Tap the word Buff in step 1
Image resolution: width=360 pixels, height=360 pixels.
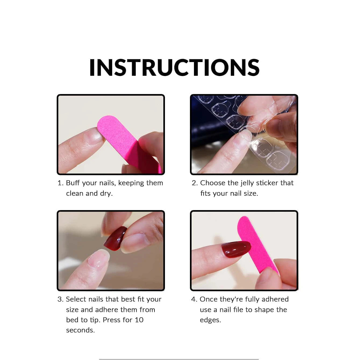click(x=73, y=183)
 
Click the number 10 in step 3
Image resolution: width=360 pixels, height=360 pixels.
click(x=139, y=320)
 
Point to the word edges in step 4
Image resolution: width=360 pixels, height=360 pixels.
click(x=210, y=320)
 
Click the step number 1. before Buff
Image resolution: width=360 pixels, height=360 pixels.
click(x=60, y=183)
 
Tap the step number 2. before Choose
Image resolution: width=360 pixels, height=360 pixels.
click(x=195, y=183)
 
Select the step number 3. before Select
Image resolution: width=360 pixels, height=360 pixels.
click(x=60, y=299)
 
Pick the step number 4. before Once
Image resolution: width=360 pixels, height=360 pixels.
click(x=194, y=299)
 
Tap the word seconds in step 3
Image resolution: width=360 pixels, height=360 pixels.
click(x=80, y=330)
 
